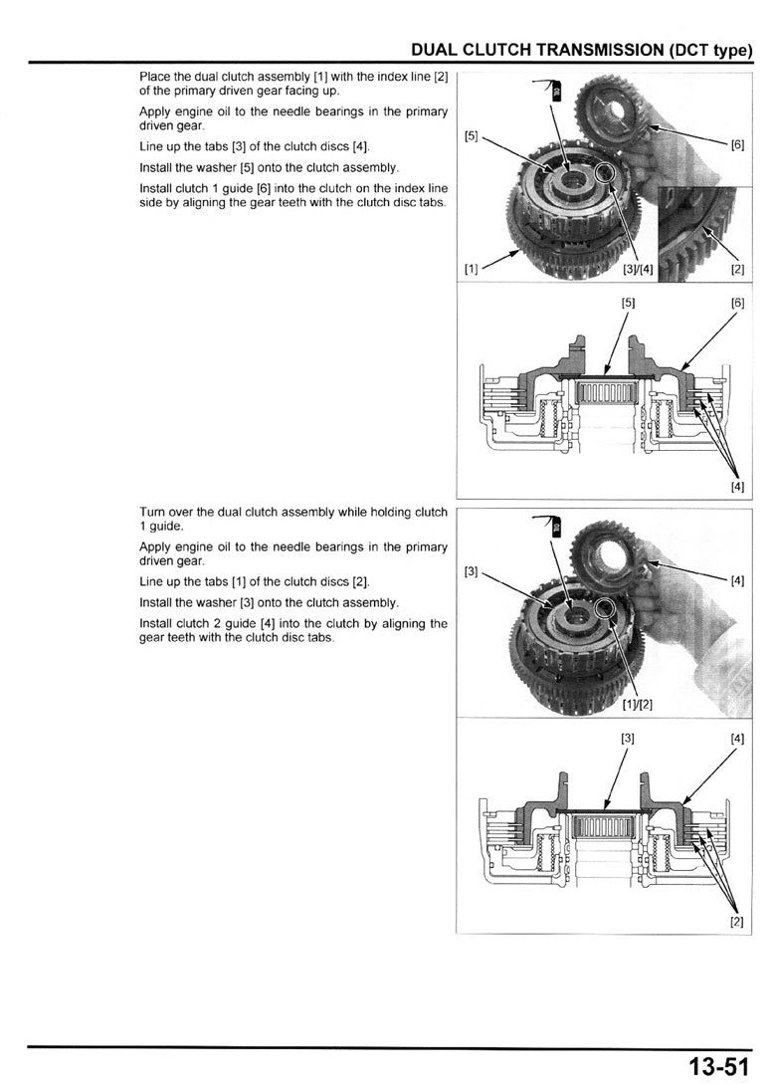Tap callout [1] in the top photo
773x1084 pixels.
(472, 269)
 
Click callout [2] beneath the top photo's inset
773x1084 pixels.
(737, 269)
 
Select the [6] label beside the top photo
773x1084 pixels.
(737, 144)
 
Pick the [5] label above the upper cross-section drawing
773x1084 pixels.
(628, 303)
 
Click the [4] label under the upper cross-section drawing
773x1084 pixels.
(737, 487)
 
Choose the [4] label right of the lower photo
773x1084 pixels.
(737, 580)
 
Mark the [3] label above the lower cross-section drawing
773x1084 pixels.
(628, 739)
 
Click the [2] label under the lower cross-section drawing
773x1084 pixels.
(737, 922)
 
